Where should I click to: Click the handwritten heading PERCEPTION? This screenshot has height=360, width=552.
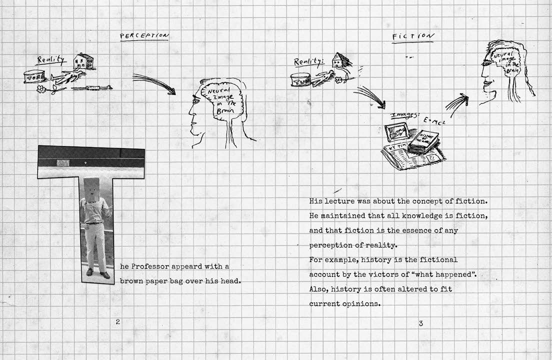144,35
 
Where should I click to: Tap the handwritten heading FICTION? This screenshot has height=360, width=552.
413,36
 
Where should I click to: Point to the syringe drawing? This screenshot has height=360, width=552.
91,88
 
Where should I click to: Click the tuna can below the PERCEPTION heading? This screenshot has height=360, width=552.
34,76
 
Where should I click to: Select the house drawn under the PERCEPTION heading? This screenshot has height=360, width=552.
83,61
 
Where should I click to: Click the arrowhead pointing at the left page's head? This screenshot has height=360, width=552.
172,91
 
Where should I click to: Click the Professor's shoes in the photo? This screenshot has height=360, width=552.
97,273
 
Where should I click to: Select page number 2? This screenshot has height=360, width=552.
118,321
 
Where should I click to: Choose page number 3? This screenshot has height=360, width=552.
420,323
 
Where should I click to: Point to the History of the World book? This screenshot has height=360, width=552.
423,141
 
